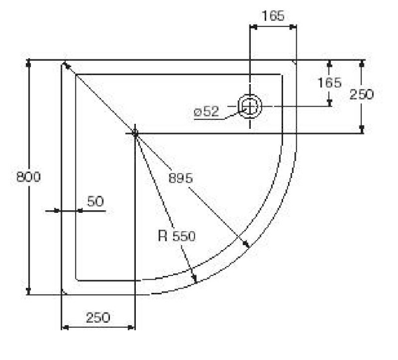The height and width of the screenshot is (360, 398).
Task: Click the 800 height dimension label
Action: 28,177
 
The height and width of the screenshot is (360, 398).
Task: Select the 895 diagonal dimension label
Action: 181,177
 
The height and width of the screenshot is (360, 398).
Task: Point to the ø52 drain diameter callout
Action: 207,112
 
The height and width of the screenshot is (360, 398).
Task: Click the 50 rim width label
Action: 95,201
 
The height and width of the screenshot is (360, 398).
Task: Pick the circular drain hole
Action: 250,106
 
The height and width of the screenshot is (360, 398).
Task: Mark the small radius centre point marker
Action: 135,132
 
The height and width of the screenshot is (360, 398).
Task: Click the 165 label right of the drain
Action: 329,83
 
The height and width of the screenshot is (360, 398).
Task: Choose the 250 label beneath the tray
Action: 97,317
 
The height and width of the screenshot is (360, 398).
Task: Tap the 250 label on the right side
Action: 361,94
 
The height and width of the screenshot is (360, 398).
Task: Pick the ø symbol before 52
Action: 197,112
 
